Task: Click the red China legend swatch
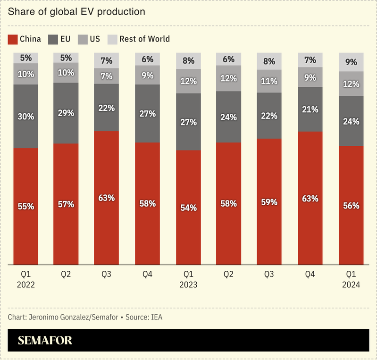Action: [13, 39]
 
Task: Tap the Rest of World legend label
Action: [144, 39]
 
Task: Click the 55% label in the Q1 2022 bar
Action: [26, 206]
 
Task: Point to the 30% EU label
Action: [26, 116]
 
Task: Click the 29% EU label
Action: [66, 113]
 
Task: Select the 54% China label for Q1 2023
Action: [188, 207]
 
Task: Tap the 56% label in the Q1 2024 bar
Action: [351, 205]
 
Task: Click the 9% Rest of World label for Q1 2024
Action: [351, 61]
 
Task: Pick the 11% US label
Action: [269, 81]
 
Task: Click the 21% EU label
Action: [310, 109]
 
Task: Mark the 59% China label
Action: [269, 202]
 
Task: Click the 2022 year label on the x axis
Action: [26, 285]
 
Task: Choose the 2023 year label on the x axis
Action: [188, 285]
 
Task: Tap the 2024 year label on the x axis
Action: [351, 285]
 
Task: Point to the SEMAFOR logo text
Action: [45, 341]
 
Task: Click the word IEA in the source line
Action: [156, 317]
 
